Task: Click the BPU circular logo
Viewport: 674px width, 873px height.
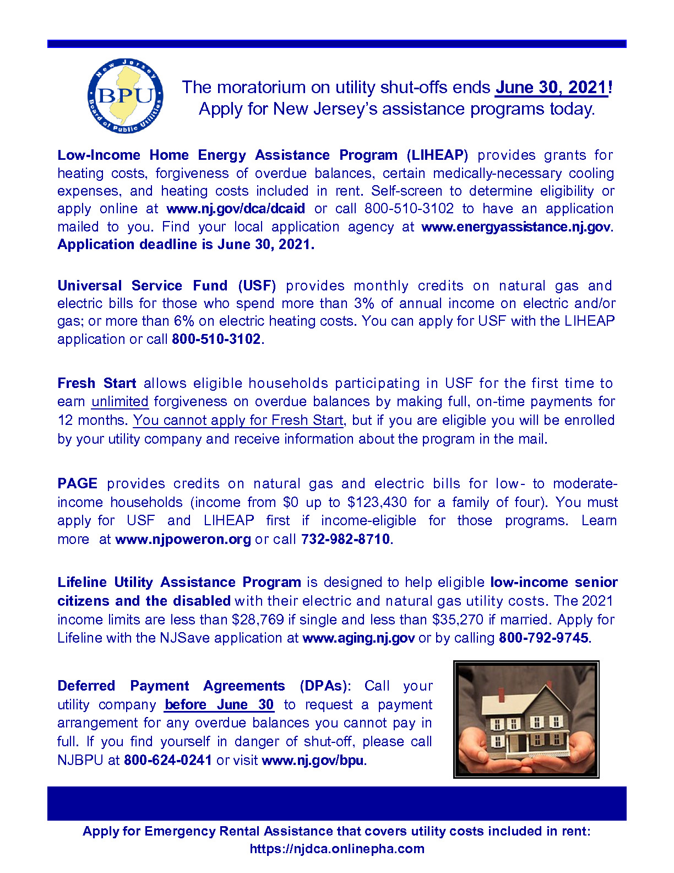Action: coord(126,96)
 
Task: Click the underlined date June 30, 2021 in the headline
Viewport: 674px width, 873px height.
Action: coord(551,88)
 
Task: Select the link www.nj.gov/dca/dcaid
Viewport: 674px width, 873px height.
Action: coord(236,209)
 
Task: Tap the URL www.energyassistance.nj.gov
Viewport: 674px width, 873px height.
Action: coord(516,227)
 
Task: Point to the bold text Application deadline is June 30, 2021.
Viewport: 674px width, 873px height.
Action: coord(186,245)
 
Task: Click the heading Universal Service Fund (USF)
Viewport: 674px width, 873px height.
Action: coord(166,285)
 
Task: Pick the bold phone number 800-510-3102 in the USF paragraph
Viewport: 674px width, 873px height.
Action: coord(216,339)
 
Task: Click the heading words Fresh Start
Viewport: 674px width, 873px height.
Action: coord(96,383)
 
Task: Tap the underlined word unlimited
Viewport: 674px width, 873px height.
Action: coord(120,401)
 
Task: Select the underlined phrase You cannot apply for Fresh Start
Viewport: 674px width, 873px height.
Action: coord(238,420)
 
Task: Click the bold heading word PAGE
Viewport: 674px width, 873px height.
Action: coord(77,483)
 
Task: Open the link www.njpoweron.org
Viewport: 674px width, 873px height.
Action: coord(183,539)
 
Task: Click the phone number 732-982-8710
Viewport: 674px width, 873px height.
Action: coord(345,539)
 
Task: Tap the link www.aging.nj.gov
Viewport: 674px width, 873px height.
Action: coord(358,638)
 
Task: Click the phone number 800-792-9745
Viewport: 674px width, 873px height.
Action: coord(543,638)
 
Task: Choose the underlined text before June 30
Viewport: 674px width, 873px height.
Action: coord(219,704)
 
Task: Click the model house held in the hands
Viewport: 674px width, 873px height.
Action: coord(525,719)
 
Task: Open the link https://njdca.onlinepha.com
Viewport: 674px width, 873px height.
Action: coord(337,849)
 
